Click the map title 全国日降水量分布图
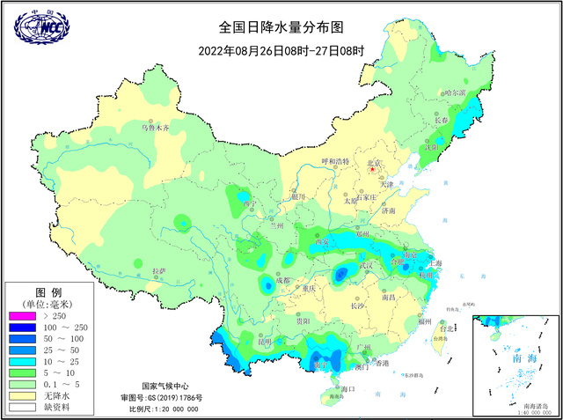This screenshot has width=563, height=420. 281,29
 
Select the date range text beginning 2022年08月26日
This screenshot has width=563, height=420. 281,51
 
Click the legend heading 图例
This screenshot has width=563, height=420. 47,291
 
